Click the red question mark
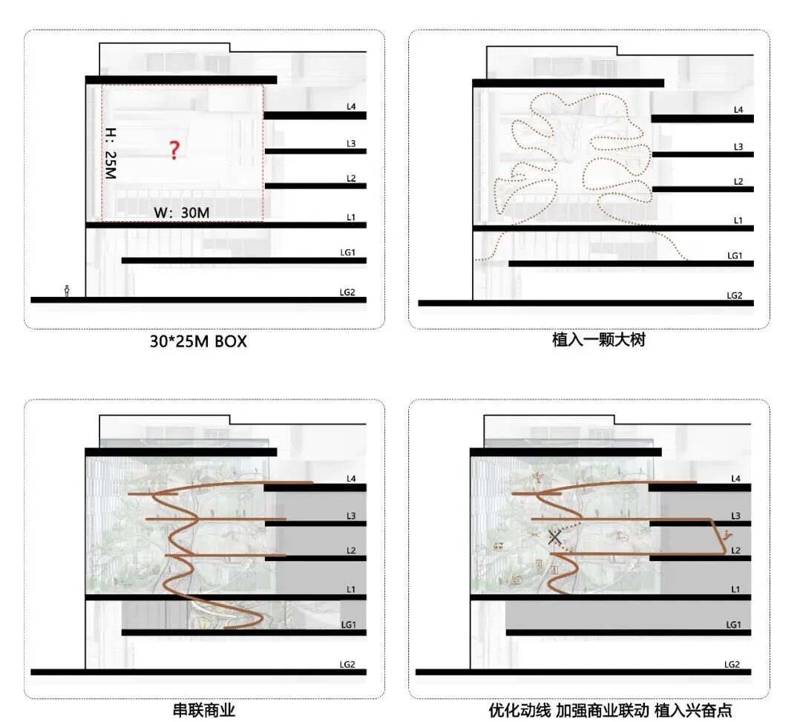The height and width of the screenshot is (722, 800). coord(174,150)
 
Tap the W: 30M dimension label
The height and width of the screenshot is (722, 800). coord(181,213)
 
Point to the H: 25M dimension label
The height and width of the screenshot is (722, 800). coord(111,154)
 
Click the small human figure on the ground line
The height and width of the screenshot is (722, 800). coord(67,291)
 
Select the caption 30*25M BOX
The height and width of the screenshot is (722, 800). coord(198,342)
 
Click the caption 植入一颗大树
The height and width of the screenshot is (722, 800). coord(588,341)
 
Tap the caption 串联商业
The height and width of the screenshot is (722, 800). coord(204,711)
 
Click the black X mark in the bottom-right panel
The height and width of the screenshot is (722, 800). coord(554,537)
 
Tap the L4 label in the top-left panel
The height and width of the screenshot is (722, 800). coord(351,107)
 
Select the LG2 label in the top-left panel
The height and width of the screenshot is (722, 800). coord(347,292)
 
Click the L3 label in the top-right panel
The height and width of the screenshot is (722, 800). coord(738,147)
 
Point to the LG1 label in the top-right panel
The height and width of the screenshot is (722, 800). coord(735,255)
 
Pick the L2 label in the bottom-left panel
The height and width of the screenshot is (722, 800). coord(351,551)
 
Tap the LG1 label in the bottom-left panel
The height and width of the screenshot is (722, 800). coord(348,625)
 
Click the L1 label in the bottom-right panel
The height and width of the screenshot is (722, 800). coord(735,589)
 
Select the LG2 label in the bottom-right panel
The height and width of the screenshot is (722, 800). coord(732,664)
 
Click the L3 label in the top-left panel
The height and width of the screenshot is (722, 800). coord(351,143)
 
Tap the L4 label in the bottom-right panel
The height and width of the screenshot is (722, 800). coord(735,479)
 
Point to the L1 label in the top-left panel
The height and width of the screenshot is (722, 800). coord(351,217)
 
